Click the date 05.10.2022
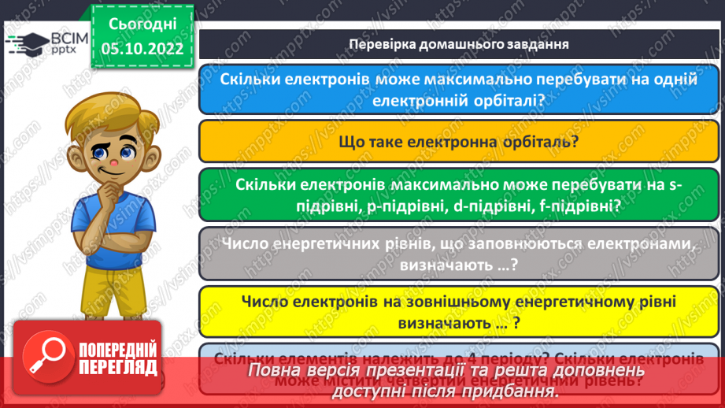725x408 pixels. click(142, 49)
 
